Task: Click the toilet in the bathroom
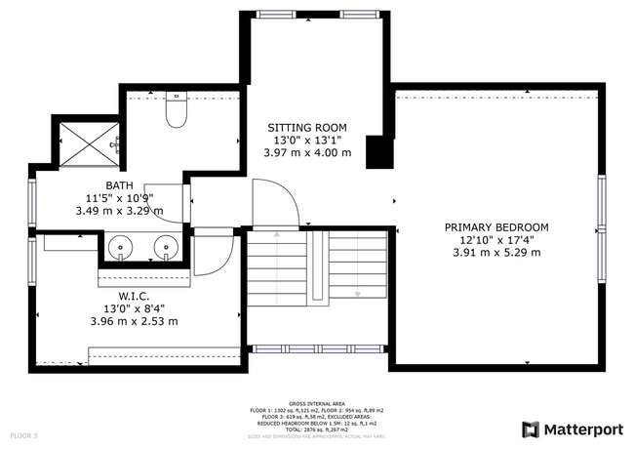click(177, 112)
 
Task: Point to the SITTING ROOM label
click(306, 127)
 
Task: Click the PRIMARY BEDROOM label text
click(495, 227)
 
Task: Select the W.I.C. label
click(134, 297)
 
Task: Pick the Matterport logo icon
click(532, 429)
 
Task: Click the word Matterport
click(582, 429)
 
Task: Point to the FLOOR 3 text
click(23, 434)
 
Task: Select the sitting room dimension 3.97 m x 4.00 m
click(306, 152)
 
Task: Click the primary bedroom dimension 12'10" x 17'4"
click(495, 240)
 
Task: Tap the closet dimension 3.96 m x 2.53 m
click(134, 321)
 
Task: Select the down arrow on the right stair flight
click(358, 290)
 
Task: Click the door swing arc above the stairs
click(277, 200)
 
